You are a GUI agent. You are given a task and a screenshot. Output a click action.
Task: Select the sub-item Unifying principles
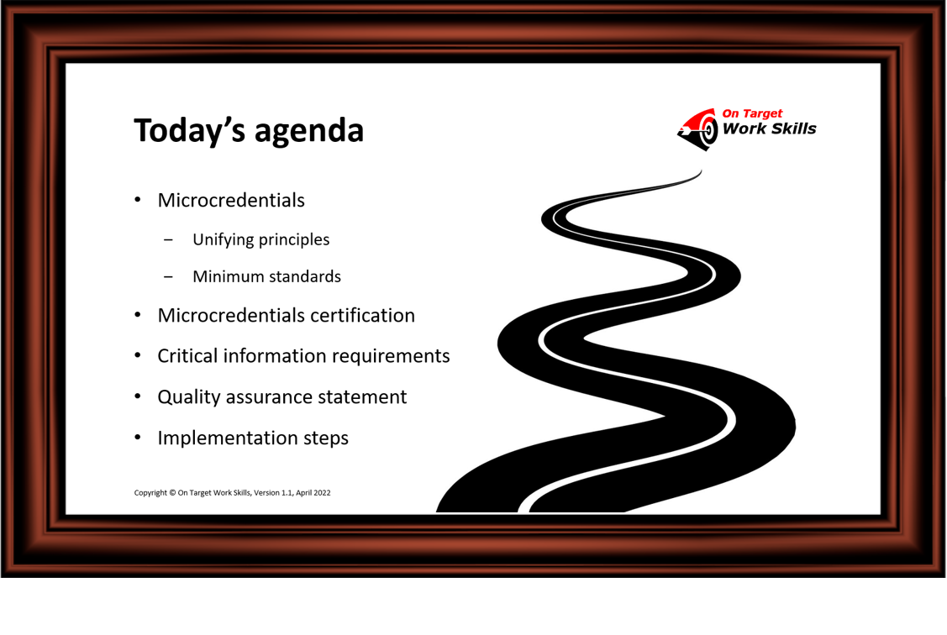click(260, 239)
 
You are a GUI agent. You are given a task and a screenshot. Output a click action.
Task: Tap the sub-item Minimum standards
click(267, 276)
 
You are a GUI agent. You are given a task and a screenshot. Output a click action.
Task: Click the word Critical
click(188, 356)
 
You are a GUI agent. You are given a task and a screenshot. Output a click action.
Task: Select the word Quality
click(189, 397)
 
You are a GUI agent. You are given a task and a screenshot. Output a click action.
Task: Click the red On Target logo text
click(752, 113)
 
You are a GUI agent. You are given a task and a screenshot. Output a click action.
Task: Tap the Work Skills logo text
click(770, 129)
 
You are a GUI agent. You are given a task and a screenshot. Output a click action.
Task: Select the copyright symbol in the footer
click(172, 492)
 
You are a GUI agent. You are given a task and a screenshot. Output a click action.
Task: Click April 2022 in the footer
click(313, 492)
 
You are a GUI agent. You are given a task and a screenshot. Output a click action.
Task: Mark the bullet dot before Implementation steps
click(138, 437)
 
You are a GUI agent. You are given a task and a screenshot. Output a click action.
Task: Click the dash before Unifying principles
click(168, 240)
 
